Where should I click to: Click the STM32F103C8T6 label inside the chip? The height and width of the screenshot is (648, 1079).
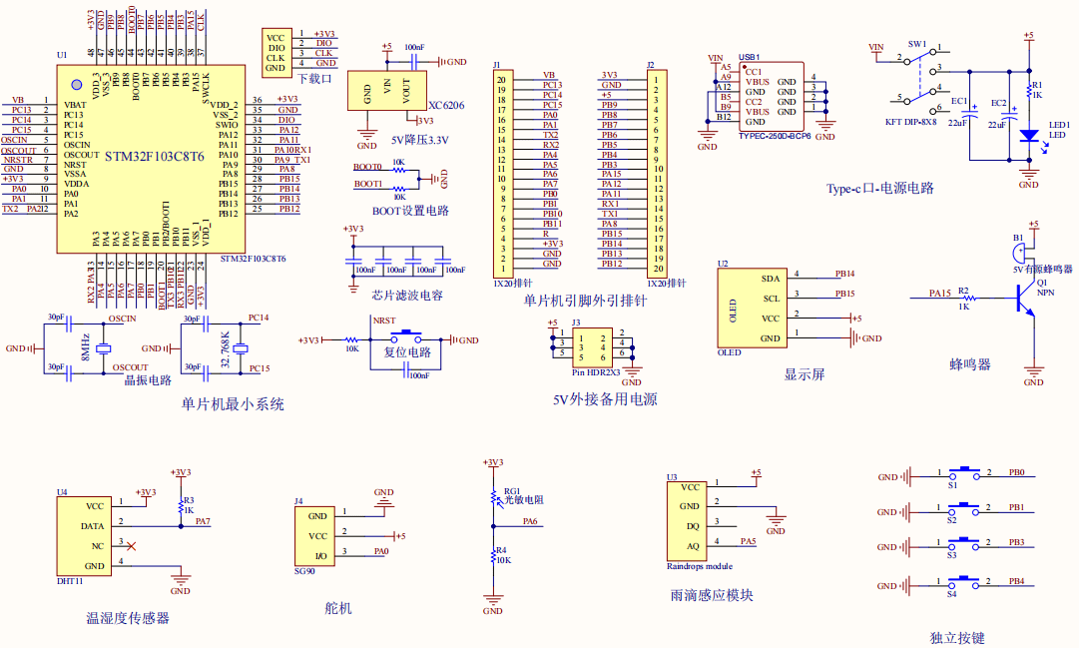point(155,156)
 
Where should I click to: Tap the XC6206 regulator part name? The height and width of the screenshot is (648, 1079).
point(446,105)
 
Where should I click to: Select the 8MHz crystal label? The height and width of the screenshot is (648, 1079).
point(86,346)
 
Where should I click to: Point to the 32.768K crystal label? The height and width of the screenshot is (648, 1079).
point(226,346)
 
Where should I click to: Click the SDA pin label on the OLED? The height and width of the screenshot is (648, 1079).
point(770,279)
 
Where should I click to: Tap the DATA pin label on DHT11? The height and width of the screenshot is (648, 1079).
point(92,525)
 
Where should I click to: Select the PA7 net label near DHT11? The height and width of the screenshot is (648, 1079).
point(203,521)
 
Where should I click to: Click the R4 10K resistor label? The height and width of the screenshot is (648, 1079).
point(503,555)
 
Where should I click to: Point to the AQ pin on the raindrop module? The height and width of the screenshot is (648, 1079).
point(692,545)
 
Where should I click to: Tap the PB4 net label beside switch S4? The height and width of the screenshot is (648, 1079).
point(1016,580)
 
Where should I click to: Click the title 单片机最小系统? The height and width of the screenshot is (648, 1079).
point(232,404)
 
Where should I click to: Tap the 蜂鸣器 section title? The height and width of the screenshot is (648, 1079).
point(969,364)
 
